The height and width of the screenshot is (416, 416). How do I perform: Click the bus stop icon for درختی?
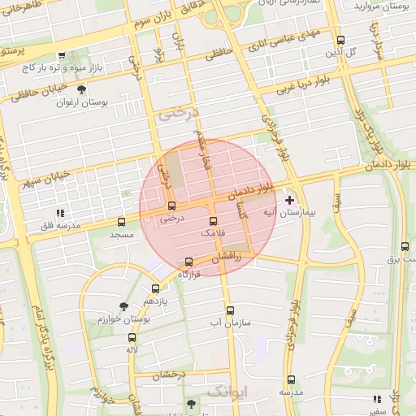pyautogui.click(x=171, y=206)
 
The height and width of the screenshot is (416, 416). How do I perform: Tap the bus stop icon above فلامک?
pyautogui.click(x=214, y=221)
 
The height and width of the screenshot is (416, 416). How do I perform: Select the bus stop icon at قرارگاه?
pyautogui.click(x=189, y=262)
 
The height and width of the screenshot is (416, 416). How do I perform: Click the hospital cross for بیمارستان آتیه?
pyautogui.click(x=290, y=200)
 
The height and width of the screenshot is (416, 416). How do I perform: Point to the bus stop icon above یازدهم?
pyautogui.click(x=155, y=288)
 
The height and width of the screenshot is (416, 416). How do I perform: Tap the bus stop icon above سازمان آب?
pyautogui.click(x=230, y=310)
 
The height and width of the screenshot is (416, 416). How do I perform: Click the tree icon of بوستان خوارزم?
pyautogui.click(x=123, y=306)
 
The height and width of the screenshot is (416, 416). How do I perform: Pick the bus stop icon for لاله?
pyautogui.click(x=132, y=337)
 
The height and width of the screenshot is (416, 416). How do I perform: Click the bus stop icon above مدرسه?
pyautogui.click(x=291, y=379)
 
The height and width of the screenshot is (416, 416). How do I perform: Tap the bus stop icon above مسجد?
pyautogui.click(x=122, y=222)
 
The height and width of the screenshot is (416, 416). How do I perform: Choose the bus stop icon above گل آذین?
pyautogui.click(x=340, y=41)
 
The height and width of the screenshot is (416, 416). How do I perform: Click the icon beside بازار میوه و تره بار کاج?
pyautogui.click(x=62, y=56)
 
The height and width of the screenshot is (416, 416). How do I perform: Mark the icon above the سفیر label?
pyautogui.click(x=376, y=399)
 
